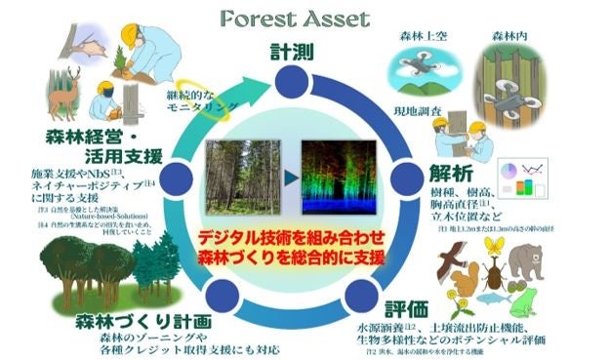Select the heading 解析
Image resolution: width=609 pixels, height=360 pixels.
(x=450, y=177)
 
